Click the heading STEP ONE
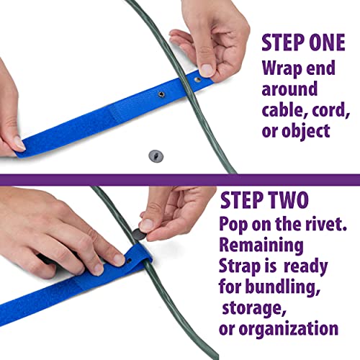point(303,42)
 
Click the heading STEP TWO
point(264,200)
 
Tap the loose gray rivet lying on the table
point(156,156)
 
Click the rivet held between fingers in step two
point(140,234)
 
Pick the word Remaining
point(261,246)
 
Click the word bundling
point(283,287)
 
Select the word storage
point(254,308)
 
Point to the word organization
point(289,328)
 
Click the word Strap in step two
point(240,266)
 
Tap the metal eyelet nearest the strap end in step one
point(198,79)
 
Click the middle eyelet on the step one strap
point(161,94)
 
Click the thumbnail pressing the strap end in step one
point(207,70)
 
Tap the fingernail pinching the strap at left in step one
point(19,143)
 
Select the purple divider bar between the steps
point(180,180)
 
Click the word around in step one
point(289,89)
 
